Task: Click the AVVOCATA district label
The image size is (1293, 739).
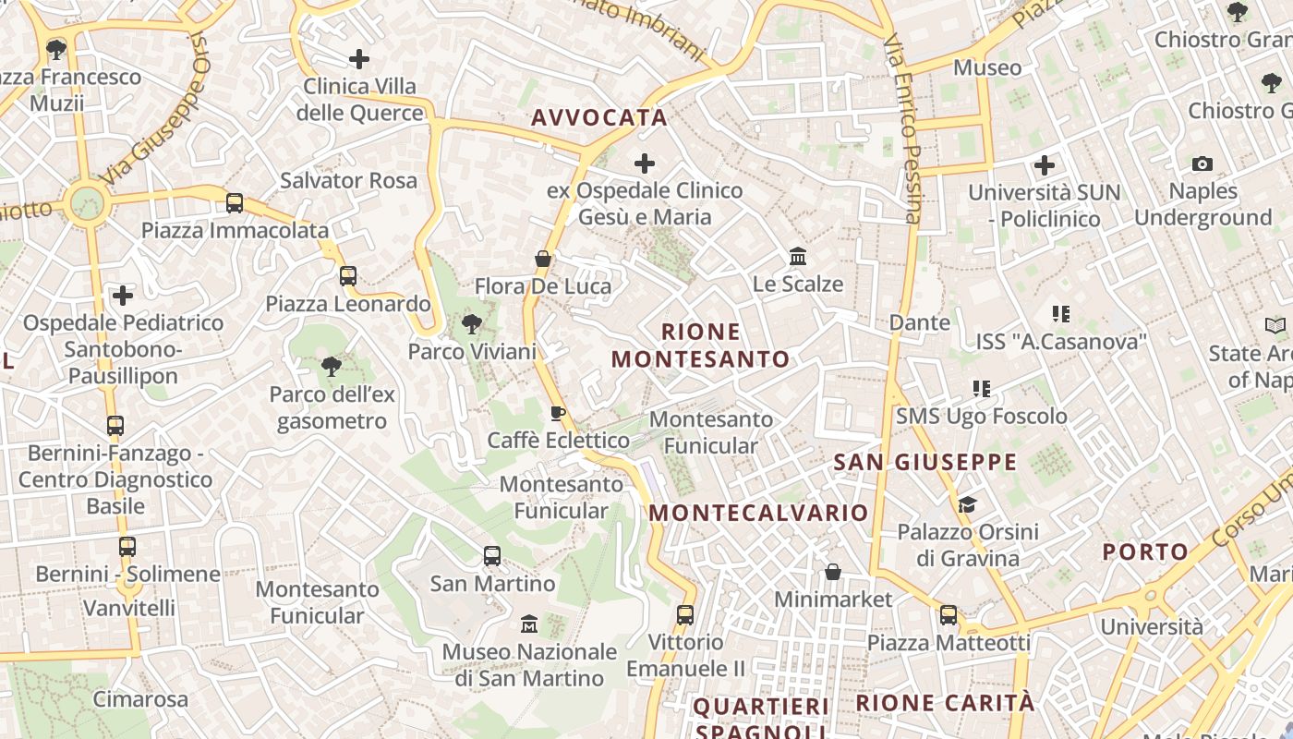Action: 598,117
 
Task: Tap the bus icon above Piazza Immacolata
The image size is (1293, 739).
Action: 235,203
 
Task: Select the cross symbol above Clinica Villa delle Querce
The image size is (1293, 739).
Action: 359,60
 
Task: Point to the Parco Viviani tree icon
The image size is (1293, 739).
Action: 472,324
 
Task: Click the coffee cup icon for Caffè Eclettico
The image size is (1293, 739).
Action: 558,413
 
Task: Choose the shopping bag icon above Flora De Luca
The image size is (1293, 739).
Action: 543,259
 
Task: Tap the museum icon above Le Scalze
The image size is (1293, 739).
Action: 798,256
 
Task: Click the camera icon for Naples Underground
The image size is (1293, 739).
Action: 1202,164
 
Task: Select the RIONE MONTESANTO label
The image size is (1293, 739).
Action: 701,345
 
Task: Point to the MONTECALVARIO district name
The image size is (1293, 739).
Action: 760,513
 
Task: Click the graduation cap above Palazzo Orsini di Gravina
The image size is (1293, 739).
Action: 967,504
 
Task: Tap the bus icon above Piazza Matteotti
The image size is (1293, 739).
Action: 949,615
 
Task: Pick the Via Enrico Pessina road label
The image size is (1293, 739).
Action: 903,129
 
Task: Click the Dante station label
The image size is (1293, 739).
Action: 919,322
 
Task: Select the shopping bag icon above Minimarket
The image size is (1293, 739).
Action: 833,572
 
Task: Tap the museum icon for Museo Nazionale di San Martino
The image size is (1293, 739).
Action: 529,624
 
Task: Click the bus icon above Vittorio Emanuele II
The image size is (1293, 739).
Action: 685,614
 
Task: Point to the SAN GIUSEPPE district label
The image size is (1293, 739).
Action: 924,462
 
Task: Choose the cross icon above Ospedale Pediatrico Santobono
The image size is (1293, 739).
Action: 123,296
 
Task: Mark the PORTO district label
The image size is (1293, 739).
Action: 1145,552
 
